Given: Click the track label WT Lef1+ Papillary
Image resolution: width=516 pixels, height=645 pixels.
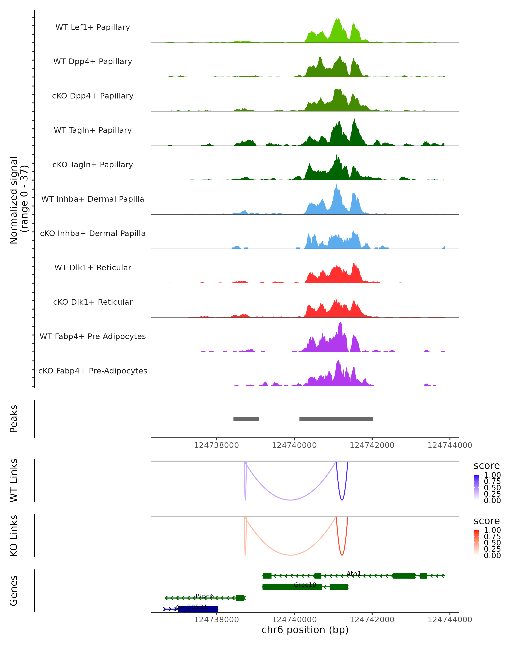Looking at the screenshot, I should tap(93, 27).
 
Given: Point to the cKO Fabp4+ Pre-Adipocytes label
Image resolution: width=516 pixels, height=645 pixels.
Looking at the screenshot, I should tap(93, 371).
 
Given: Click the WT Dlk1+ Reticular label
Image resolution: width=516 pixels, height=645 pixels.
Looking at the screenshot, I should tap(93, 267).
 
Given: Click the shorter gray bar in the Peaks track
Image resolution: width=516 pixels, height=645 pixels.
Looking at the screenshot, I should tap(246, 419).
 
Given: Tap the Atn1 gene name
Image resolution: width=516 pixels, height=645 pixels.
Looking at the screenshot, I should tap(354, 573).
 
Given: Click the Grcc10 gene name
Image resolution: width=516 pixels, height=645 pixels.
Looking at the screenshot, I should tap(305, 585).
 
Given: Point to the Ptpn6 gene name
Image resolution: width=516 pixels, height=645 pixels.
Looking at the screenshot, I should tap(205, 596).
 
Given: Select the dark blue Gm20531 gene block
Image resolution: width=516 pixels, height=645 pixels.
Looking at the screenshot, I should tap(198, 609).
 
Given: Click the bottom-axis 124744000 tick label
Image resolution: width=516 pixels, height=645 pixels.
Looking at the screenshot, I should tap(450, 619).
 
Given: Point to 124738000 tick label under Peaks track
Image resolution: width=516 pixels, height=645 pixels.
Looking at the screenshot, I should tap(216, 445).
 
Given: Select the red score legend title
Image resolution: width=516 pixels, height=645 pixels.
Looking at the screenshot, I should tap(486, 521).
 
